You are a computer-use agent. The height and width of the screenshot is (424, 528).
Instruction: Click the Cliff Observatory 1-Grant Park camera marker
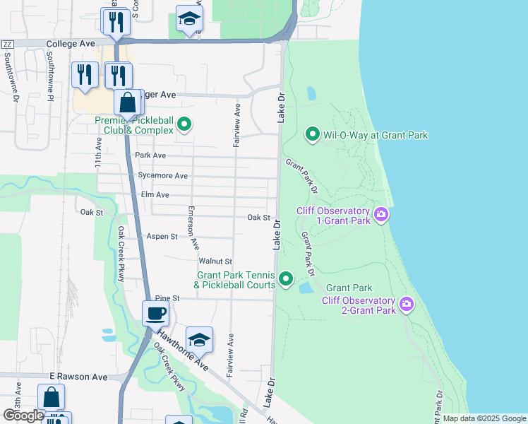point(381,214)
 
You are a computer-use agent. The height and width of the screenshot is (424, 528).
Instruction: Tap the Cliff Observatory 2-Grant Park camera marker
point(406,305)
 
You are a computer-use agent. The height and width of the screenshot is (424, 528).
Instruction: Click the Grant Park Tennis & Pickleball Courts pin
point(286,279)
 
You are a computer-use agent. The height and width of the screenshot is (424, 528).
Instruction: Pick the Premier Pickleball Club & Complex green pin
point(184,126)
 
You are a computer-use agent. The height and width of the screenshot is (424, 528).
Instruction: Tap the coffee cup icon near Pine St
point(155,313)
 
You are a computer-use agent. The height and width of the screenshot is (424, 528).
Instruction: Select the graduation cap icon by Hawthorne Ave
point(200,339)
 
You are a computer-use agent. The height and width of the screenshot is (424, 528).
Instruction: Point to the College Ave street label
point(71,44)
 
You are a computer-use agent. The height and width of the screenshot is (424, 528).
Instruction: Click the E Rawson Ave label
point(78,377)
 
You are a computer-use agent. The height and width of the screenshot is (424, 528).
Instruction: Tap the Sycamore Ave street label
point(163,175)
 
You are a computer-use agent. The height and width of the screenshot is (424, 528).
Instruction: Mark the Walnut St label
point(215,261)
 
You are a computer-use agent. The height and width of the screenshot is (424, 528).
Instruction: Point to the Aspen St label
point(162,236)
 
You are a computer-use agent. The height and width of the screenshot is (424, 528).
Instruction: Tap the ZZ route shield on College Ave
point(8,44)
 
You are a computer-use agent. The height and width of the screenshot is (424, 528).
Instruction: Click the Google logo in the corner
point(23,416)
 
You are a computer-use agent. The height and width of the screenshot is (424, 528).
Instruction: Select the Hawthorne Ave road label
point(183,353)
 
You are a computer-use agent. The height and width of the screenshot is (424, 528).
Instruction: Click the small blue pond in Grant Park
point(306,288)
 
